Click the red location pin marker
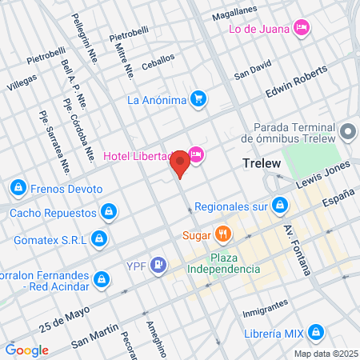(x=180, y=165)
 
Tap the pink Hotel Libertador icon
(x=197, y=155)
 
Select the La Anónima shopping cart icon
(x=199, y=100)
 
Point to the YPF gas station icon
(x=160, y=263)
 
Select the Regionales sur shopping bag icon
(x=279, y=206)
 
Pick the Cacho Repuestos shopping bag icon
(x=108, y=212)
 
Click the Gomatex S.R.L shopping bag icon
(x=98, y=238)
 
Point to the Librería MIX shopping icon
(x=315, y=331)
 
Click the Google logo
(x=26, y=350)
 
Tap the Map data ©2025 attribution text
(x=325, y=354)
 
